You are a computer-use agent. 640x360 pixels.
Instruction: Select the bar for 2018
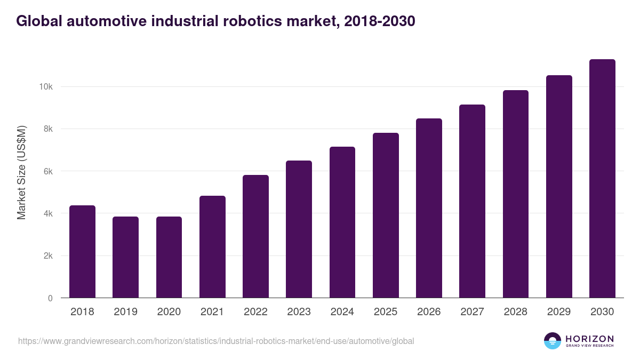(82, 252)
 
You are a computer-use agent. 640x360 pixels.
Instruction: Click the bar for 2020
(169, 257)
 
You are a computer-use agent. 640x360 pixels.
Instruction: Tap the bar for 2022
(255, 236)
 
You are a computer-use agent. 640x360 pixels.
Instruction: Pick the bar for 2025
(386, 215)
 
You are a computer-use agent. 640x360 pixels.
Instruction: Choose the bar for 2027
(473, 201)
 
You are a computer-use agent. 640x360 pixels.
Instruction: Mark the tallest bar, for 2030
(602, 179)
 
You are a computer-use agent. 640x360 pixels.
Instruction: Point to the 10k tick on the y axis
(45, 86)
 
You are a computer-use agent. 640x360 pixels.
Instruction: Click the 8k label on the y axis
(47, 129)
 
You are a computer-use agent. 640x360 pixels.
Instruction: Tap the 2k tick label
(47, 256)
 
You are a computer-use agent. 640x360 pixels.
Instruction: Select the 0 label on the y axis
(50, 298)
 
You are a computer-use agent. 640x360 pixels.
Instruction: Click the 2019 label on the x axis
(126, 312)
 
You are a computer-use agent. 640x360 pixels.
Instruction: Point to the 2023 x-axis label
(299, 312)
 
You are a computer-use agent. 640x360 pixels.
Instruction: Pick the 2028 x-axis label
(516, 312)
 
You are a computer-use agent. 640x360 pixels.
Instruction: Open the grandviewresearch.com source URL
(216, 341)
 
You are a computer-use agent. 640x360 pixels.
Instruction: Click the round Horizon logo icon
(552, 341)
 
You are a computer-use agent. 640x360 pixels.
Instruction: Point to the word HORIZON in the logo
(589, 338)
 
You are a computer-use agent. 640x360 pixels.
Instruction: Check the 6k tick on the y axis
(47, 171)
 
